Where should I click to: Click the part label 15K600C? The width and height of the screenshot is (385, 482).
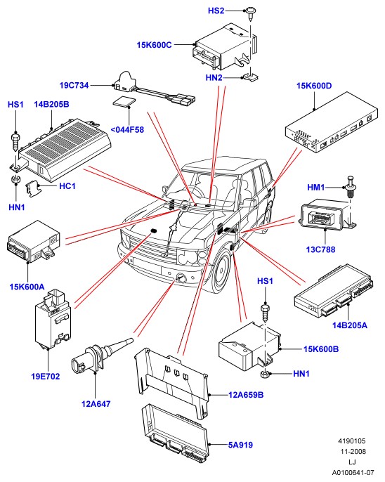point(154,45)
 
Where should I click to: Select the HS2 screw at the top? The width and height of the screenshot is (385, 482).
point(251,14)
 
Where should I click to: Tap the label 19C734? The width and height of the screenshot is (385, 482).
point(74,85)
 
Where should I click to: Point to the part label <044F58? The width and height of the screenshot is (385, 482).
point(127,130)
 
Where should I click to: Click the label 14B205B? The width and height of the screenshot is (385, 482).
point(51,104)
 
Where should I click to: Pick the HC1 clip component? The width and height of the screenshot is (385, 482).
point(32,188)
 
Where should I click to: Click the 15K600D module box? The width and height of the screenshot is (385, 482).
point(331,122)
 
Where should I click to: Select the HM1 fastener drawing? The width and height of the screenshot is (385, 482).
point(351,187)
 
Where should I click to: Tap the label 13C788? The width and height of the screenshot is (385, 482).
point(320,249)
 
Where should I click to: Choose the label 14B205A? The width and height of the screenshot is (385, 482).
point(350,325)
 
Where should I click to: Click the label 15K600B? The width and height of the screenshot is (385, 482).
point(321,349)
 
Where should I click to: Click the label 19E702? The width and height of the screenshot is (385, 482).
point(46,377)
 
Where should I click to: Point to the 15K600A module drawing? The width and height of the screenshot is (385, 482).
point(33,241)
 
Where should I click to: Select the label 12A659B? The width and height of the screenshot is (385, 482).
point(246,395)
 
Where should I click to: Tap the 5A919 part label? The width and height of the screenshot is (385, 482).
point(240,445)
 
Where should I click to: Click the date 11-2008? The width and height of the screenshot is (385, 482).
point(353,452)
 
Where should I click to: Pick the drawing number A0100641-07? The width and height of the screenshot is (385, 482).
point(353,472)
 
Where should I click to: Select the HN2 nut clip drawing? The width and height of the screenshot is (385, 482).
point(251,77)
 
